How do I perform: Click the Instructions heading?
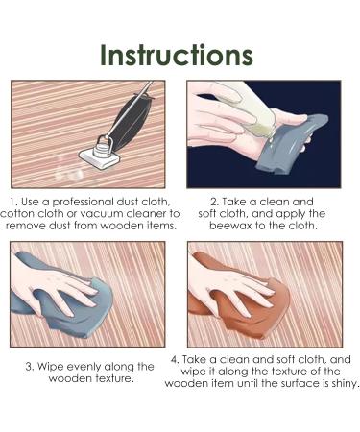coord(177,55)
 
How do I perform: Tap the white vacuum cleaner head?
coord(100,157)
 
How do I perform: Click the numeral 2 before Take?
coord(214,202)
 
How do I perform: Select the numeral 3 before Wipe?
coord(30,367)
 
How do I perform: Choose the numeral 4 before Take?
coord(175,359)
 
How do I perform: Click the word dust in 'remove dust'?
coord(60,226)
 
